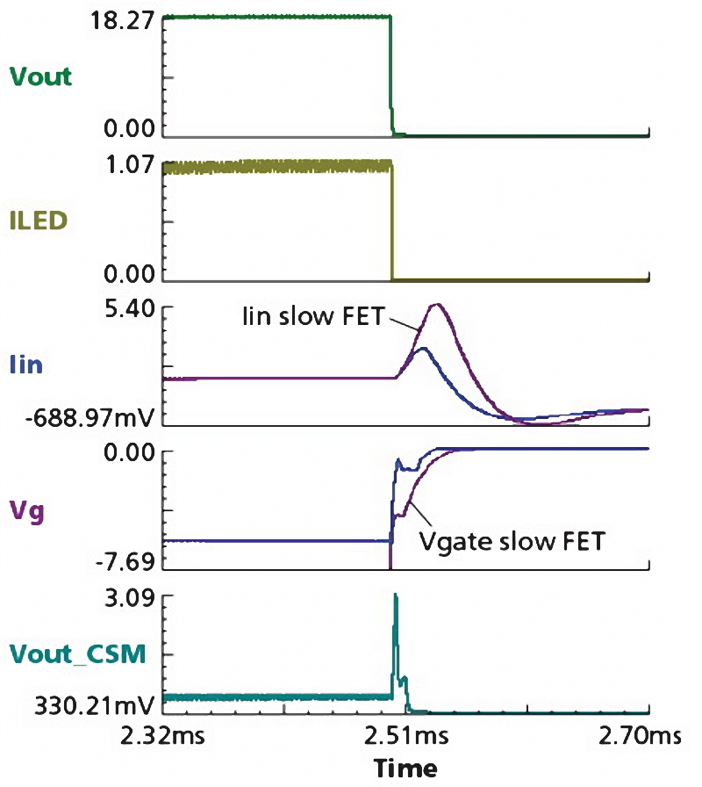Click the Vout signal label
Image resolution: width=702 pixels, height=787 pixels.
tap(40, 76)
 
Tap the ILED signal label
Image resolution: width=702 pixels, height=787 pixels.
tap(40, 221)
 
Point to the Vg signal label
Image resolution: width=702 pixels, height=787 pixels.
tap(26, 509)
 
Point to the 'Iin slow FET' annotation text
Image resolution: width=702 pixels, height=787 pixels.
tap(313, 316)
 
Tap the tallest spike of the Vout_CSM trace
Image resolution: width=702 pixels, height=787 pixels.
tap(396, 596)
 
